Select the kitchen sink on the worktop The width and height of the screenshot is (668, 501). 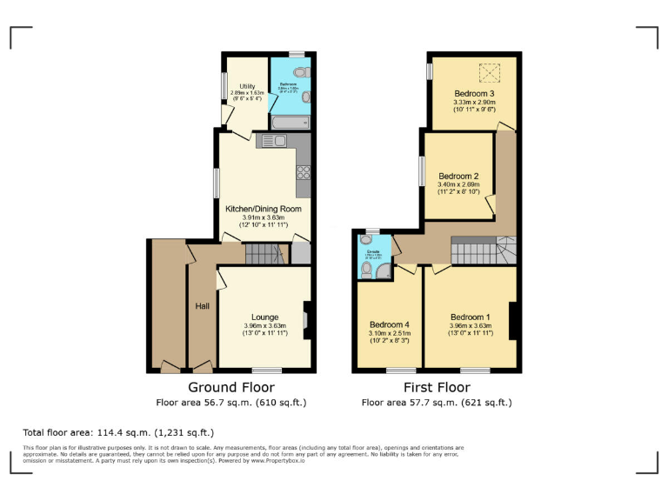tap(264, 141)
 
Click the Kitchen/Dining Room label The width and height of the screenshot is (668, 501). tap(263, 209)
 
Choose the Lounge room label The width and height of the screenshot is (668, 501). tap(264, 317)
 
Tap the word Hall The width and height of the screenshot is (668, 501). tap(202, 305)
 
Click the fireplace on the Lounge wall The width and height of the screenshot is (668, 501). tap(305, 319)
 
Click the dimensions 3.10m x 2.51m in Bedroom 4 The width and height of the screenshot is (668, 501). tap(389, 332)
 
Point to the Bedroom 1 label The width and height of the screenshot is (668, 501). tap(471, 317)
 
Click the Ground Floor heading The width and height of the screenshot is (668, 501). tap(231, 387)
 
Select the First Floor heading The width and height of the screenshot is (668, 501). tap(437, 387)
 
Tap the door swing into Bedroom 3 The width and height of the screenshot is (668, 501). tap(505, 127)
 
